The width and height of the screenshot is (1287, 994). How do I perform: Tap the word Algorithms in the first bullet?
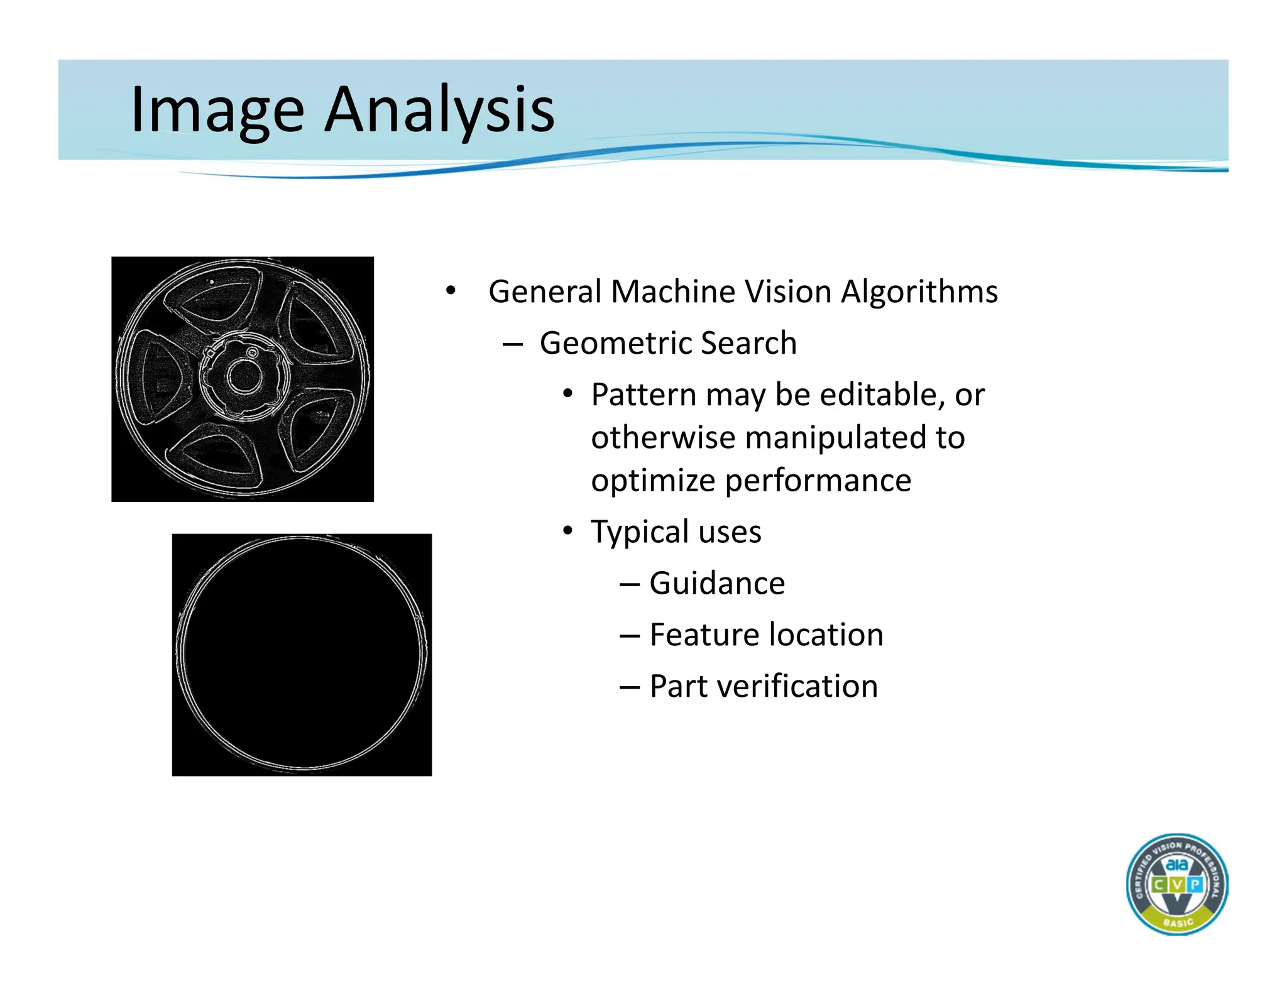coord(919,292)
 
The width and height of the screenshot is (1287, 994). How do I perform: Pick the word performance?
coord(818,481)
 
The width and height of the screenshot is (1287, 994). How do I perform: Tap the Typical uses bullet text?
coord(676,532)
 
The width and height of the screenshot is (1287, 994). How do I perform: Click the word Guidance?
coord(716,583)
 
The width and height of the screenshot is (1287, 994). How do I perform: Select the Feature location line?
coord(766,635)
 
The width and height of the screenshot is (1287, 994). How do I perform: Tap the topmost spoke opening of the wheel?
coord(217,303)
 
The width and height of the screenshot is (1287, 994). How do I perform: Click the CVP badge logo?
coord(1176,884)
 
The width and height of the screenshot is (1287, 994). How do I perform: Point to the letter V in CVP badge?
coord(1176,885)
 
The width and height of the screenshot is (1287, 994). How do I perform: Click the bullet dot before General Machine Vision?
coord(450,291)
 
